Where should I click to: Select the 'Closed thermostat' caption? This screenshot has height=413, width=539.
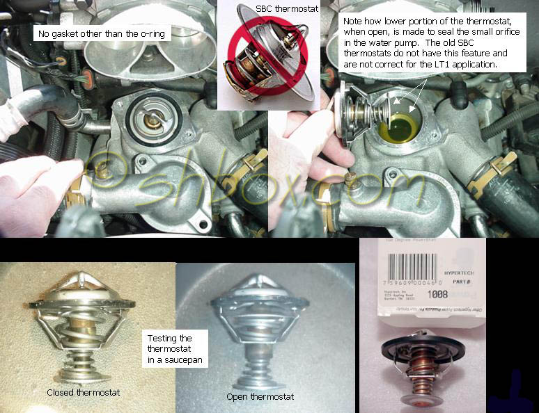pyautogui.click(x=84, y=393)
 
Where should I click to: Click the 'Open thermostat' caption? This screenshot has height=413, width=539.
pyautogui.click(x=260, y=397)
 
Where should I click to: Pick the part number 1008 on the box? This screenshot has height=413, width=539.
pyautogui.click(x=437, y=294)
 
